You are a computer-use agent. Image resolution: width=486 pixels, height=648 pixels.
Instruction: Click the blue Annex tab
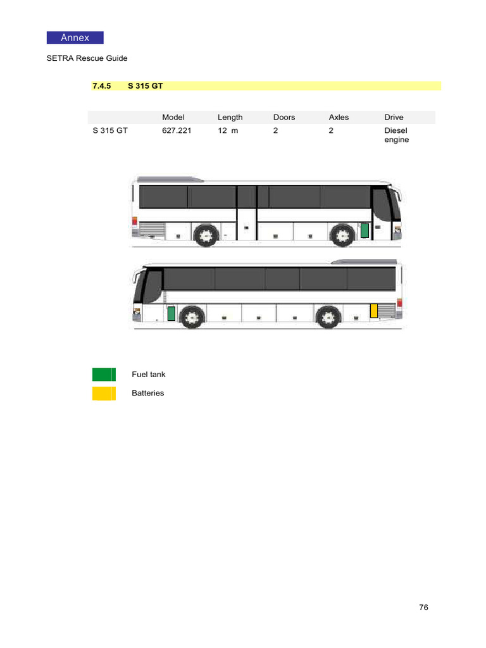[x=75, y=37]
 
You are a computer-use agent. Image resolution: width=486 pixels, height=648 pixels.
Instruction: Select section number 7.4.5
[x=101, y=85]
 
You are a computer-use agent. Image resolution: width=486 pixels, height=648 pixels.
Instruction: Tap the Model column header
[x=173, y=117]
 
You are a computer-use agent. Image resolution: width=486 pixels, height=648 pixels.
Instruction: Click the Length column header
[x=230, y=117]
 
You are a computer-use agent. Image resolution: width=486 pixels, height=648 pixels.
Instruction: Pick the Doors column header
[x=284, y=117]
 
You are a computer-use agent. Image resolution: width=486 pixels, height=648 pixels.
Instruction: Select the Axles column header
[x=339, y=117]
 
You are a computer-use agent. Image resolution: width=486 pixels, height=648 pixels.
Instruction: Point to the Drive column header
[x=394, y=117]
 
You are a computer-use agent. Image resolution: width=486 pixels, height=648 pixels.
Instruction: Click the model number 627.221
[x=177, y=130]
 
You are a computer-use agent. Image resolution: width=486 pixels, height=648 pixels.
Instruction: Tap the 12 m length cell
[x=228, y=130]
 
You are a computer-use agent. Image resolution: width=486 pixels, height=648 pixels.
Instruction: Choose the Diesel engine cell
[x=396, y=135]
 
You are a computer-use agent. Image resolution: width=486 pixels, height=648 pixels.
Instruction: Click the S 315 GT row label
[x=110, y=130]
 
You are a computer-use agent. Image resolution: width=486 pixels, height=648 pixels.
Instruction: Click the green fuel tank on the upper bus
[x=364, y=231]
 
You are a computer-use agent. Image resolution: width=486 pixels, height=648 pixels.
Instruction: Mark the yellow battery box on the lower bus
[x=374, y=311]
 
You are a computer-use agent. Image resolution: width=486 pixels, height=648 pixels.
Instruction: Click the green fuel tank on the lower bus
[x=171, y=313]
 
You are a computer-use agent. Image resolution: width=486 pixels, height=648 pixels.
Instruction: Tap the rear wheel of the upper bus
[x=205, y=236]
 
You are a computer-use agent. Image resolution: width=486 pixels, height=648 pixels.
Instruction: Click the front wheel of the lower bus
[x=192, y=316]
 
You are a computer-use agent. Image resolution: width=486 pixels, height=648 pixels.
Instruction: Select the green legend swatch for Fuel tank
[x=103, y=375]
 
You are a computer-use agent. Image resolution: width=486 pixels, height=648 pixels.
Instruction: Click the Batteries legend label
[x=147, y=393]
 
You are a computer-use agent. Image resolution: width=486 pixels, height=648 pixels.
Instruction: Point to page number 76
[x=423, y=607]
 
